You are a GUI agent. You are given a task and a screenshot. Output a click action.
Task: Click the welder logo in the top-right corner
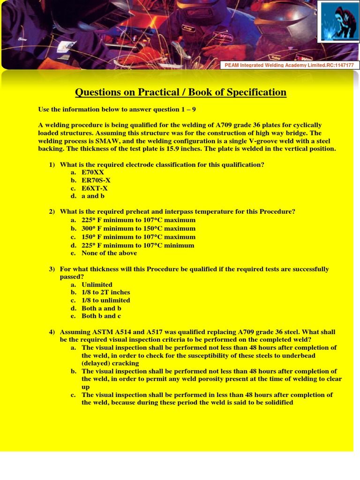click(x=338, y=22)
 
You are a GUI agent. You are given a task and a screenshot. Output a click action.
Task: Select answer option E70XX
click(x=92, y=172)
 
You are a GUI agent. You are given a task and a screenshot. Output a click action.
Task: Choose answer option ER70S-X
click(x=96, y=180)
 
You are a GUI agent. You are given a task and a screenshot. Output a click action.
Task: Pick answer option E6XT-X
click(x=94, y=188)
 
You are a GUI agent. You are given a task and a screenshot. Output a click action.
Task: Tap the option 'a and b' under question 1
click(x=93, y=196)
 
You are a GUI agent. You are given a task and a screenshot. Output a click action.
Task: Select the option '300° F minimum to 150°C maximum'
click(x=138, y=229)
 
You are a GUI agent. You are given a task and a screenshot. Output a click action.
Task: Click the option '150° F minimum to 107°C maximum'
click(x=138, y=237)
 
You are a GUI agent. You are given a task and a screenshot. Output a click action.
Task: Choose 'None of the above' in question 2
click(x=109, y=253)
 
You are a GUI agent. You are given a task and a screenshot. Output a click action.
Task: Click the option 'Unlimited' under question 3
click(x=97, y=285)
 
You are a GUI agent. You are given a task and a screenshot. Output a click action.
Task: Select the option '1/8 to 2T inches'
click(x=105, y=292)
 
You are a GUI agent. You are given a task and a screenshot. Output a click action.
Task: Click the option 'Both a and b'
click(x=101, y=308)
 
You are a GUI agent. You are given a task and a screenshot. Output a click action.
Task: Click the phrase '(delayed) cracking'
click(x=110, y=363)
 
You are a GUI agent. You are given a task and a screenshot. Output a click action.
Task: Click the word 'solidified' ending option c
click(x=277, y=403)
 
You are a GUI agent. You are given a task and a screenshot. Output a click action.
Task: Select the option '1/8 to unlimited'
click(x=105, y=300)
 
